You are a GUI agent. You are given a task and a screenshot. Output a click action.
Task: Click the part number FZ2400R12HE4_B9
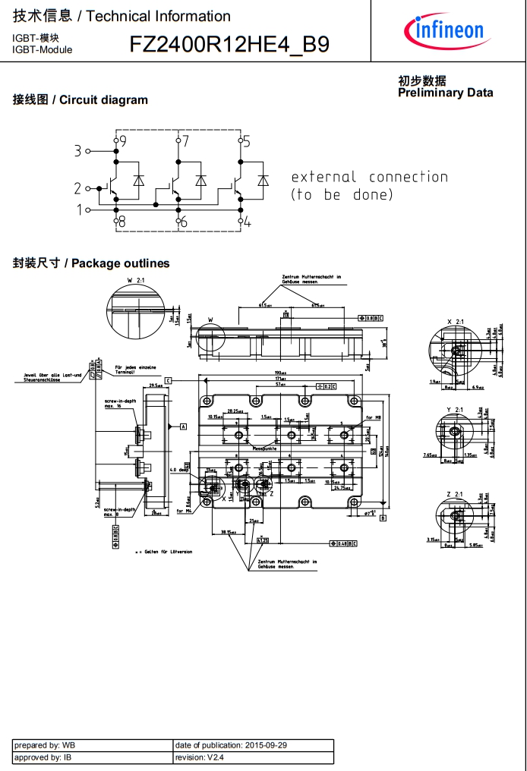tap(229, 45)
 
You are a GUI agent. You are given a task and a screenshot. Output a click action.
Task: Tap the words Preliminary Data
tap(445, 93)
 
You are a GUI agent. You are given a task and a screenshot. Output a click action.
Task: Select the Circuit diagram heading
tap(80, 100)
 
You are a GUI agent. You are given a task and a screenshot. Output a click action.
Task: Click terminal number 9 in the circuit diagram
tap(122, 141)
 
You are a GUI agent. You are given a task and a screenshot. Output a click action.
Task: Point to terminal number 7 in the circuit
tap(185, 141)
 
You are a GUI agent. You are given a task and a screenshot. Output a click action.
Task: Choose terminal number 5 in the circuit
tap(246, 141)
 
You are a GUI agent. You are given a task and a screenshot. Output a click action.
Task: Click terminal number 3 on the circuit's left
tap(77, 151)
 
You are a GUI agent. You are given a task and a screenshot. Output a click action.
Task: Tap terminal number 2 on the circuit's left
tap(77, 188)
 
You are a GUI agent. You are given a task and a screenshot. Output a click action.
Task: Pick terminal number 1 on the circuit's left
tap(78, 209)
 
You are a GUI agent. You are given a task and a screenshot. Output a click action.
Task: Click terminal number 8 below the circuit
tap(121, 222)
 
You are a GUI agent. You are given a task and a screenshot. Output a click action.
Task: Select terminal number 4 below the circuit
tap(247, 222)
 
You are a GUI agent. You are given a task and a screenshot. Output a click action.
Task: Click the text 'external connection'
tap(369, 177)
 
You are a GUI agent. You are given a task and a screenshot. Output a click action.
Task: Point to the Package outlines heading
tap(91, 263)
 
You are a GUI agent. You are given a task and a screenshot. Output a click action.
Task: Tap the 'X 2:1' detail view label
tap(455, 323)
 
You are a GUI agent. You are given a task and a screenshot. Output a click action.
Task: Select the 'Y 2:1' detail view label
tap(455, 410)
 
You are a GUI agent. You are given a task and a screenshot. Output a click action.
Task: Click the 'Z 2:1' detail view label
tap(455, 494)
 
